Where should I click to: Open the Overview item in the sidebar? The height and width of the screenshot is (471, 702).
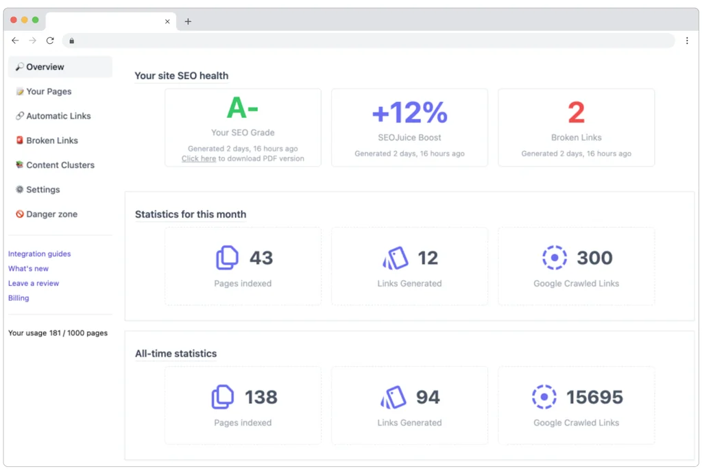(x=45, y=67)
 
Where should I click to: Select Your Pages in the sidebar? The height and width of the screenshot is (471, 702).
(x=49, y=92)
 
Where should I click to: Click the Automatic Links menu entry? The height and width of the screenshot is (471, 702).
(x=58, y=117)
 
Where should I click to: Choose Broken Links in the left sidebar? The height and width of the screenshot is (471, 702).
(x=52, y=141)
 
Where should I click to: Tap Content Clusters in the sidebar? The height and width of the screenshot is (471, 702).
(x=60, y=165)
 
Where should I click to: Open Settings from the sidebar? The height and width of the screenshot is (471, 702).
(x=43, y=190)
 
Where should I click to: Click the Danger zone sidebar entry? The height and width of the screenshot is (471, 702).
(x=51, y=215)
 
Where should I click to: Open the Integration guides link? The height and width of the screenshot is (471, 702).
(x=39, y=254)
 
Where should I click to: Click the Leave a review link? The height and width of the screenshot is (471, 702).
(x=34, y=284)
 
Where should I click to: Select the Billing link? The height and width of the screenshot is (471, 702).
(x=19, y=298)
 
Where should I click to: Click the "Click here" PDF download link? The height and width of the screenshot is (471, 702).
(x=199, y=159)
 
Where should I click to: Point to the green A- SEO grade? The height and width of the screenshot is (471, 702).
(x=242, y=108)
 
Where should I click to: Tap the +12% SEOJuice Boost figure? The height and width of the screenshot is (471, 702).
(x=409, y=112)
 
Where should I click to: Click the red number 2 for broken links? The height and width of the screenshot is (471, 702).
(x=576, y=112)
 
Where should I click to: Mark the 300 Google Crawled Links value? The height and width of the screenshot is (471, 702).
(x=594, y=258)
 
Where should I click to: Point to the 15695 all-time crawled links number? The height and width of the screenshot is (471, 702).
(x=594, y=398)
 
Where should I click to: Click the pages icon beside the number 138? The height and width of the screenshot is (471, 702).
(x=223, y=397)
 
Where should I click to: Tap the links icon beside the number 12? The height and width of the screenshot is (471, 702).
(x=396, y=258)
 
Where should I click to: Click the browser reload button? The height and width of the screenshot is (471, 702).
(x=50, y=41)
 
